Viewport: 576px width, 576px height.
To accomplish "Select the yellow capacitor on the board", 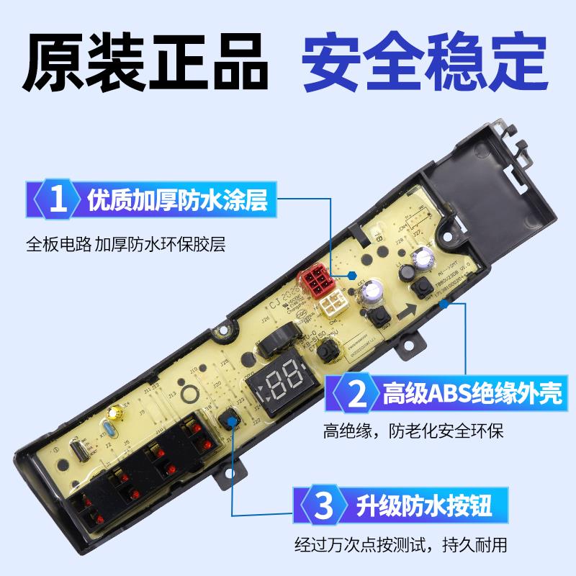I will pos(113,413).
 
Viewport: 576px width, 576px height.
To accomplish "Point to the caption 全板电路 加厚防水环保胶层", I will pos(126,244).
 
